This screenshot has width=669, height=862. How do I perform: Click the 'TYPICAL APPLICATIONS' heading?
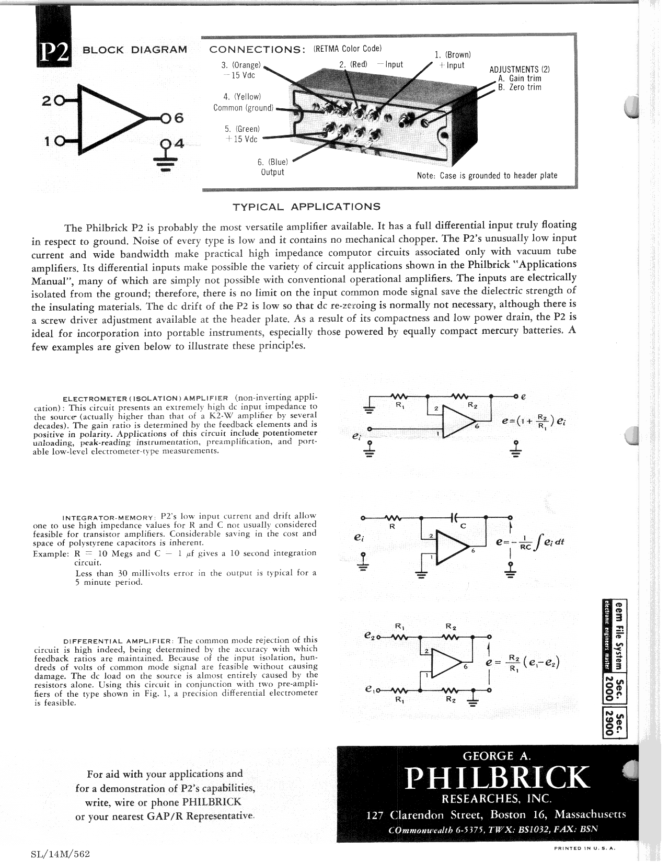(306, 206)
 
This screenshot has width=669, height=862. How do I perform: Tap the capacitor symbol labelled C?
(454, 518)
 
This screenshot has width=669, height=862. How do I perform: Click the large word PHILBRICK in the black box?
(496, 778)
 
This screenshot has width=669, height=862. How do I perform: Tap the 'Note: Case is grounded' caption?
(487, 175)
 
